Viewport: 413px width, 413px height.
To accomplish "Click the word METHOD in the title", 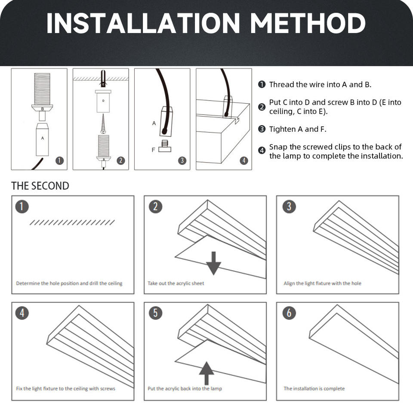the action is coord(308,23).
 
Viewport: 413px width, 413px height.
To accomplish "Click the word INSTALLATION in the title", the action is coord(143,23).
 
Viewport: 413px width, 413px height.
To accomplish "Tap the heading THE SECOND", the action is coord(40,186).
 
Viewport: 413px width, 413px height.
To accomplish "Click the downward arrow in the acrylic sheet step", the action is coord(214,263).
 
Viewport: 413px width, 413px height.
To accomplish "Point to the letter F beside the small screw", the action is coord(153,150).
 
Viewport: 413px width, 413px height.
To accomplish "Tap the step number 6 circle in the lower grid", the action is coord(289,313).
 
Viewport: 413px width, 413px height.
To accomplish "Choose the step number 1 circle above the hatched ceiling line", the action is coord(22,206).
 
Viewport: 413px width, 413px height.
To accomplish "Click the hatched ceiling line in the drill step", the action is coord(72,222).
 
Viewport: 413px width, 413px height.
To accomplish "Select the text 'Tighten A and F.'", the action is coord(298,129).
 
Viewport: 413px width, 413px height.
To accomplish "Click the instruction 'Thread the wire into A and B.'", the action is coord(320,85).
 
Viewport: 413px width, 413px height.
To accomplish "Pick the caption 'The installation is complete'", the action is coord(314,388).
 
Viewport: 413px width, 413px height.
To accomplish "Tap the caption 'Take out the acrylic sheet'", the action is coord(176,284).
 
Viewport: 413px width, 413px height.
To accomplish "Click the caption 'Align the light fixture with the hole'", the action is coord(322,284).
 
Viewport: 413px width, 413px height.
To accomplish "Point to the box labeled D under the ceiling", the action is coord(103,102).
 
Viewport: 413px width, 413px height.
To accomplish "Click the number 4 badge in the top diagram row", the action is coord(244,160).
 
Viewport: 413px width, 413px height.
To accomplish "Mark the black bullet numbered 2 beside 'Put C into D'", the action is coord(262,107).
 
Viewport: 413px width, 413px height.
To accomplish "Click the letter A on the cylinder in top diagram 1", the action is coord(43,138).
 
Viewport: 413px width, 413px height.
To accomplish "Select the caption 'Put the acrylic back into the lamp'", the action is coord(185,388).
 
